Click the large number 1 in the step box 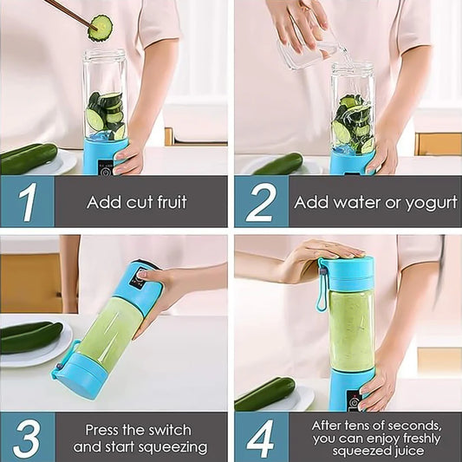tap(27, 203)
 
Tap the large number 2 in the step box tap(260, 203)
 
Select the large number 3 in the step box tap(27, 438)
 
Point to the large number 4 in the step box tap(260, 438)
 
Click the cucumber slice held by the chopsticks tap(101, 28)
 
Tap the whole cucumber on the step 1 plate tap(29, 157)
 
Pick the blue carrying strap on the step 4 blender tap(322, 286)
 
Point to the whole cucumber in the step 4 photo tap(264, 394)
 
